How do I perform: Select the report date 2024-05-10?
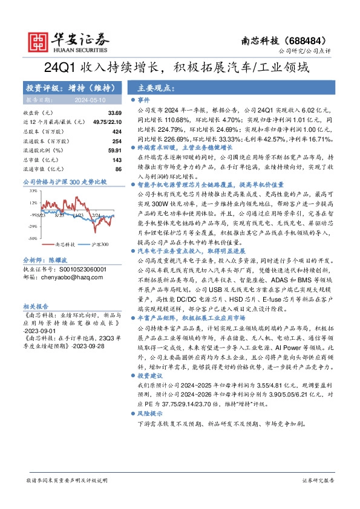tap(90, 100)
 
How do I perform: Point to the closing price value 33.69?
tap(115, 113)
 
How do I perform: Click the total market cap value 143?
tap(117, 159)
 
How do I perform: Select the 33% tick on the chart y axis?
tap(33, 190)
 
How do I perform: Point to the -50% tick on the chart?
tap(33, 239)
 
